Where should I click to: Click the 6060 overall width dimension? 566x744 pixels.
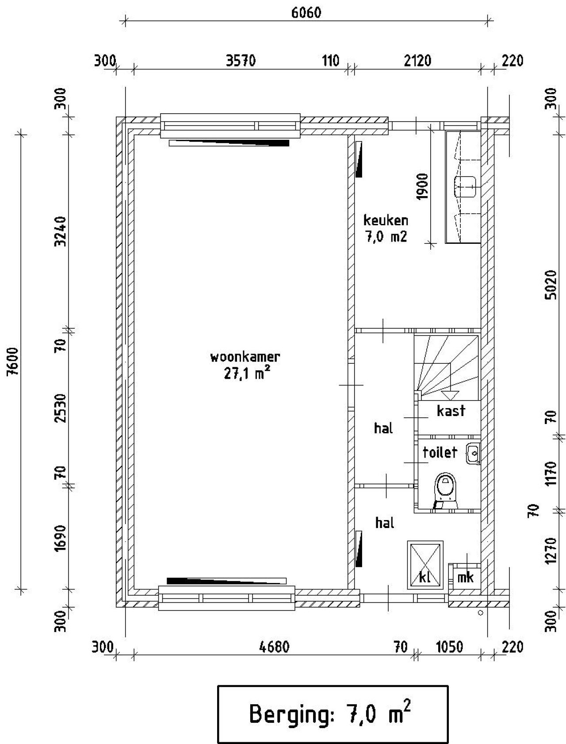pyautogui.click(x=306, y=13)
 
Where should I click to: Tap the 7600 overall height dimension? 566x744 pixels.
pyautogui.click(x=13, y=361)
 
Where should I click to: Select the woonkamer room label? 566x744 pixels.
pyautogui.click(x=245, y=357)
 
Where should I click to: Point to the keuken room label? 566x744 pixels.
pyautogui.click(x=386, y=220)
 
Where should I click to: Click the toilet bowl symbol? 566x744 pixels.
pyautogui.click(x=445, y=489)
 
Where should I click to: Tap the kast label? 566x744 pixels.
pyautogui.click(x=451, y=411)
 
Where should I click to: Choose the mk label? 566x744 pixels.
pyautogui.click(x=465, y=577)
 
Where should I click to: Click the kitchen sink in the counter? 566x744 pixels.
pyautogui.click(x=465, y=186)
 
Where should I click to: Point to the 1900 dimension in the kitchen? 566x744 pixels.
pyautogui.click(x=423, y=186)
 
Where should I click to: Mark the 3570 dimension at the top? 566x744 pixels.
pyautogui.click(x=241, y=61)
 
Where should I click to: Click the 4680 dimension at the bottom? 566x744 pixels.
pyautogui.click(x=275, y=647)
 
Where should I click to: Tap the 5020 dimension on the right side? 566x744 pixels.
pyautogui.click(x=551, y=285)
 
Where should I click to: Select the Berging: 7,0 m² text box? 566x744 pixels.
pyautogui.click(x=333, y=713)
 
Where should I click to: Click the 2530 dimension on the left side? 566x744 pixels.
pyautogui.click(x=61, y=408)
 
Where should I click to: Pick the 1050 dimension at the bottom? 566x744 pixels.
pyautogui.click(x=450, y=647)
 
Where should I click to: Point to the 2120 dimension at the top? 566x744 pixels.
pyautogui.click(x=417, y=61)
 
